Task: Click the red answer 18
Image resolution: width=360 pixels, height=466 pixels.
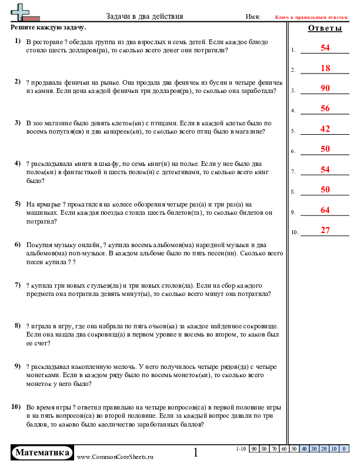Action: pyautogui.click(x=325, y=68)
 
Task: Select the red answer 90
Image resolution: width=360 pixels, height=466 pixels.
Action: pyautogui.click(x=325, y=88)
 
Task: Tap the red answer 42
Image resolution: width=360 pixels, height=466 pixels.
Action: pyautogui.click(x=325, y=129)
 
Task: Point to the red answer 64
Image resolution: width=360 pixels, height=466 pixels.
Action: pyautogui.click(x=325, y=210)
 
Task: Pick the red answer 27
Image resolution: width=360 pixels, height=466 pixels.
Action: pyautogui.click(x=325, y=230)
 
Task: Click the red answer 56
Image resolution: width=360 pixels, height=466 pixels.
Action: pyautogui.click(x=325, y=108)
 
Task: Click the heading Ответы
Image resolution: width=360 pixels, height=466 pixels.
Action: pyautogui.click(x=325, y=28)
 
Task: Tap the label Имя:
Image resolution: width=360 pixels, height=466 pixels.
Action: pyautogui.click(x=253, y=16)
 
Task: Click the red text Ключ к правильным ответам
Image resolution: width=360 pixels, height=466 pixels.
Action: pyautogui.click(x=316, y=16)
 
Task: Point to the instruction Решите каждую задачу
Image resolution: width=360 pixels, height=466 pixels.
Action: pyautogui.click(x=48, y=28)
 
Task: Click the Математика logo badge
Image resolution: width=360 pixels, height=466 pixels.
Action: pyautogui.click(x=43, y=452)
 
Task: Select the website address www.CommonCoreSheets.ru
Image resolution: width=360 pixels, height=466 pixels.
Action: pyautogui.click(x=115, y=456)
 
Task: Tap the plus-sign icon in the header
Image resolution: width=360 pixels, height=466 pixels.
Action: pyautogui.click(x=22, y=11)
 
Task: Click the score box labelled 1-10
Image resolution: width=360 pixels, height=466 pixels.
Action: pyautogui.click(x=241, y=449)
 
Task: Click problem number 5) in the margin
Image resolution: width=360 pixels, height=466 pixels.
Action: pyautogui.click(x=17, y=204)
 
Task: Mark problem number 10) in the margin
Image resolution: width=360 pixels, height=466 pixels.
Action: pyautogui.click(x=16, y=407)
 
